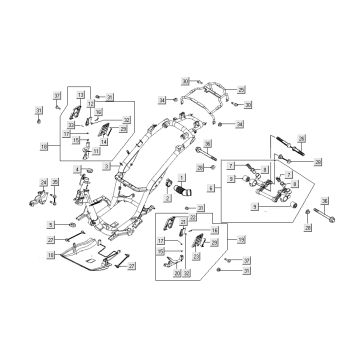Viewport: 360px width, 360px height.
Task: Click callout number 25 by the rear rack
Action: pyautogui.click(x=241, y=90)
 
